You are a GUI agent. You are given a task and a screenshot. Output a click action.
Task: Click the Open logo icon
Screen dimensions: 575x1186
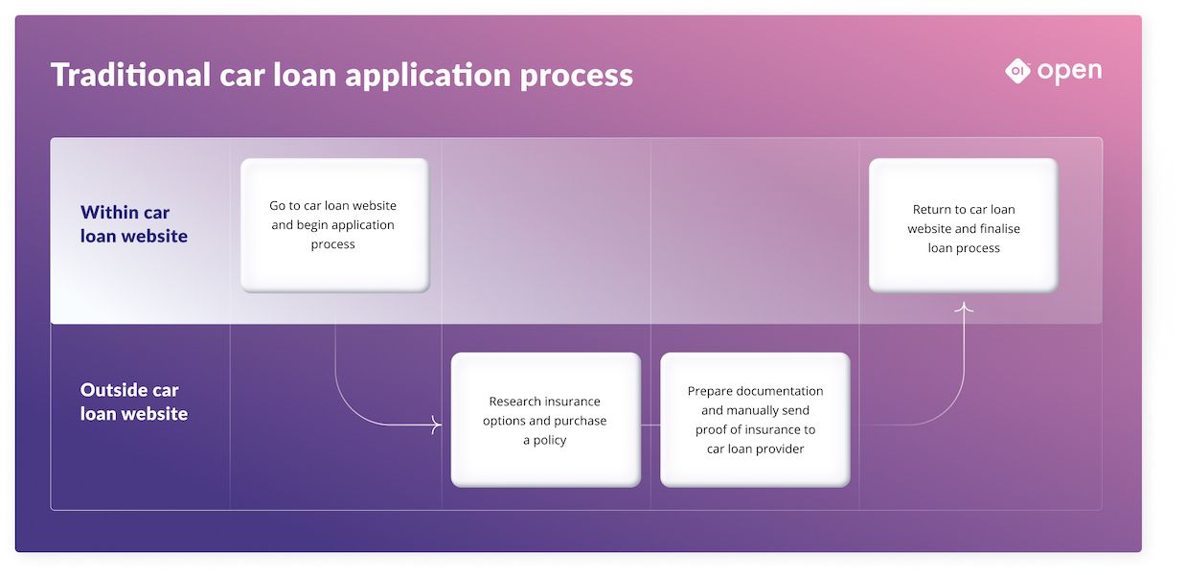[x=1017, y=70]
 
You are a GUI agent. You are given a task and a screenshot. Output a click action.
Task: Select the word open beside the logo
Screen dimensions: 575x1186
[x=1069, y=72]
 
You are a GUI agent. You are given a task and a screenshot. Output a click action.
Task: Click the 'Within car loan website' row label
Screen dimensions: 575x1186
[x=133, y=224]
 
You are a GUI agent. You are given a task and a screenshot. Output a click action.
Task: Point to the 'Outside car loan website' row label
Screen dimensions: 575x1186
[x=133, y=402]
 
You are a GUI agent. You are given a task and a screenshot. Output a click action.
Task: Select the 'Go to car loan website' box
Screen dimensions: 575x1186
[x=334, y=225]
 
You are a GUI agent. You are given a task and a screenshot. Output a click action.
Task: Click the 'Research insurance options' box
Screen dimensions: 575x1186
[x=545, y=420]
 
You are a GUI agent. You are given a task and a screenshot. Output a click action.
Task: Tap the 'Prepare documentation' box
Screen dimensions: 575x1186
[x=755, y=420]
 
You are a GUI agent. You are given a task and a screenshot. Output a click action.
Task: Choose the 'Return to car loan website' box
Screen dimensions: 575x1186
[x=963, y=225]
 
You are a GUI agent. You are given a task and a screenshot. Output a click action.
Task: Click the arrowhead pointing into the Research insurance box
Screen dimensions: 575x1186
[x=437, y=425]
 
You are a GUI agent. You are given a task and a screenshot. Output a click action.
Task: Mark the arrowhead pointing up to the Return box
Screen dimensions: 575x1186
[x=964, y=307]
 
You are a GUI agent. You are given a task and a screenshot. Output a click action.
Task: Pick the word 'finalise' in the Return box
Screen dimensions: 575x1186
[x=998, y=229]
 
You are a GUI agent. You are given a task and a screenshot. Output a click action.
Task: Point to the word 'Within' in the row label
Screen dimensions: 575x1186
[x=111, y=213]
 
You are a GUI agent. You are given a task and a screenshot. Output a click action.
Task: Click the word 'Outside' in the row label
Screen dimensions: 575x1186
[x=115, y=390]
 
